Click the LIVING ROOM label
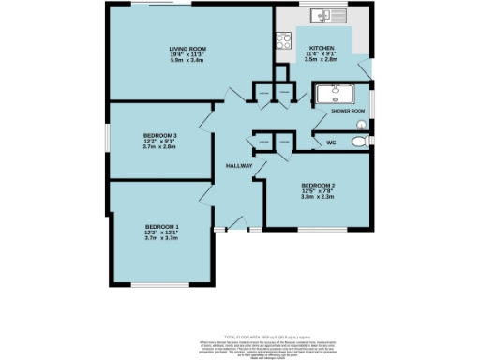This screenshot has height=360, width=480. (187, 49)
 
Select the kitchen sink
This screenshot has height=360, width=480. (327, 16)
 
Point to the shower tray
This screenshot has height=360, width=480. (332, 95)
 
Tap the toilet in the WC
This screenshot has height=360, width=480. (359, 142)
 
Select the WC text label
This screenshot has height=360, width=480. (330, 142)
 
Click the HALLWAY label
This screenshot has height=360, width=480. (239, 166)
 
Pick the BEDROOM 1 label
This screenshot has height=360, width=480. (161, 227)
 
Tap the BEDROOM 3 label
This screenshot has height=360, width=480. (161, 135)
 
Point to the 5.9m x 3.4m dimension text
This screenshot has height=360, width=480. (187, 61)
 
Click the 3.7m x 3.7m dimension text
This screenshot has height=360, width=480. (161, 239)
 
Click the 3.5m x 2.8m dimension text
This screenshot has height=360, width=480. (322, 62)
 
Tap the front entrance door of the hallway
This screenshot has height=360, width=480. (219, 229)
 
